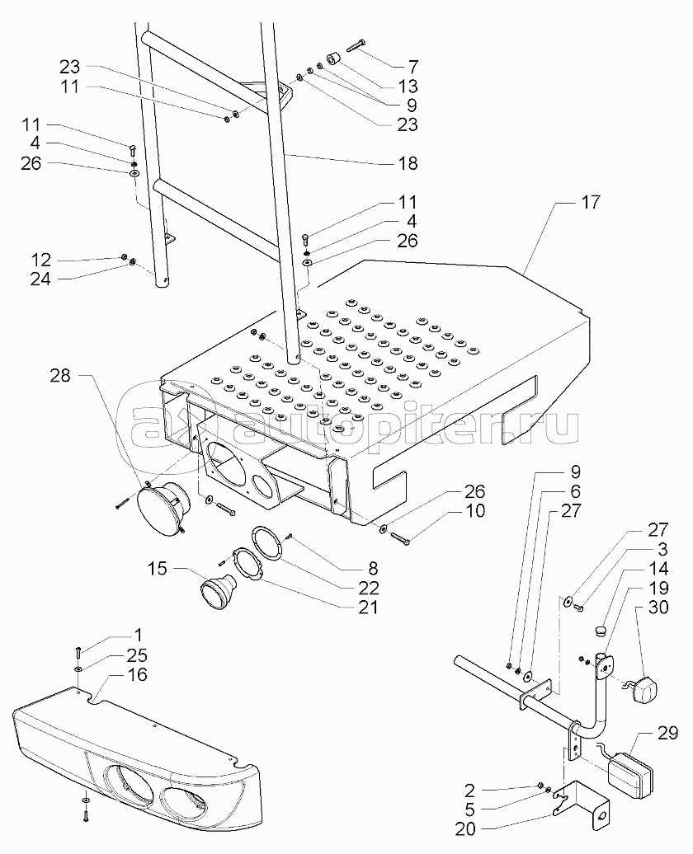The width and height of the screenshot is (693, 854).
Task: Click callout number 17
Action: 614,202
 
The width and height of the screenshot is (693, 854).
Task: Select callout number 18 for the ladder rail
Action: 408,164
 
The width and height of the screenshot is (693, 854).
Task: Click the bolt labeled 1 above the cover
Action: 77,647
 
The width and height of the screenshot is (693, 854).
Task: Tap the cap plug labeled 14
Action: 600,631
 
